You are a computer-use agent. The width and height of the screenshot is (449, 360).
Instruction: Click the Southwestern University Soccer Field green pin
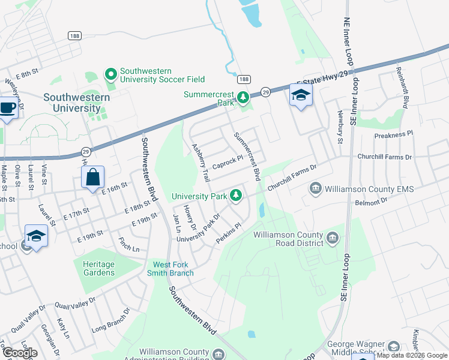[111, 74]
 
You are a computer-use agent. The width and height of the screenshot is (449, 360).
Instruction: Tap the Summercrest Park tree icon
[243, 97]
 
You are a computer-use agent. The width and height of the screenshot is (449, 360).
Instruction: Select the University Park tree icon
[237, 195]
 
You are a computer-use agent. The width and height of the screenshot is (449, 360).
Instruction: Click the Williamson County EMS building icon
[315, 189]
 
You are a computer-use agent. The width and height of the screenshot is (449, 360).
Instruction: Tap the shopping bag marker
[92, 178]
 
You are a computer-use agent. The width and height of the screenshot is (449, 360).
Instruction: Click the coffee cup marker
[7, 108]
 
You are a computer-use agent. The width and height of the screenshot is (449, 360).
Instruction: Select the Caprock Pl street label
[228, 160]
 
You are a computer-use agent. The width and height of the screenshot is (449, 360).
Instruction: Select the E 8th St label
[27, 74]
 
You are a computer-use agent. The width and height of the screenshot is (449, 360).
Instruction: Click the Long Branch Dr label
[112, 324]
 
